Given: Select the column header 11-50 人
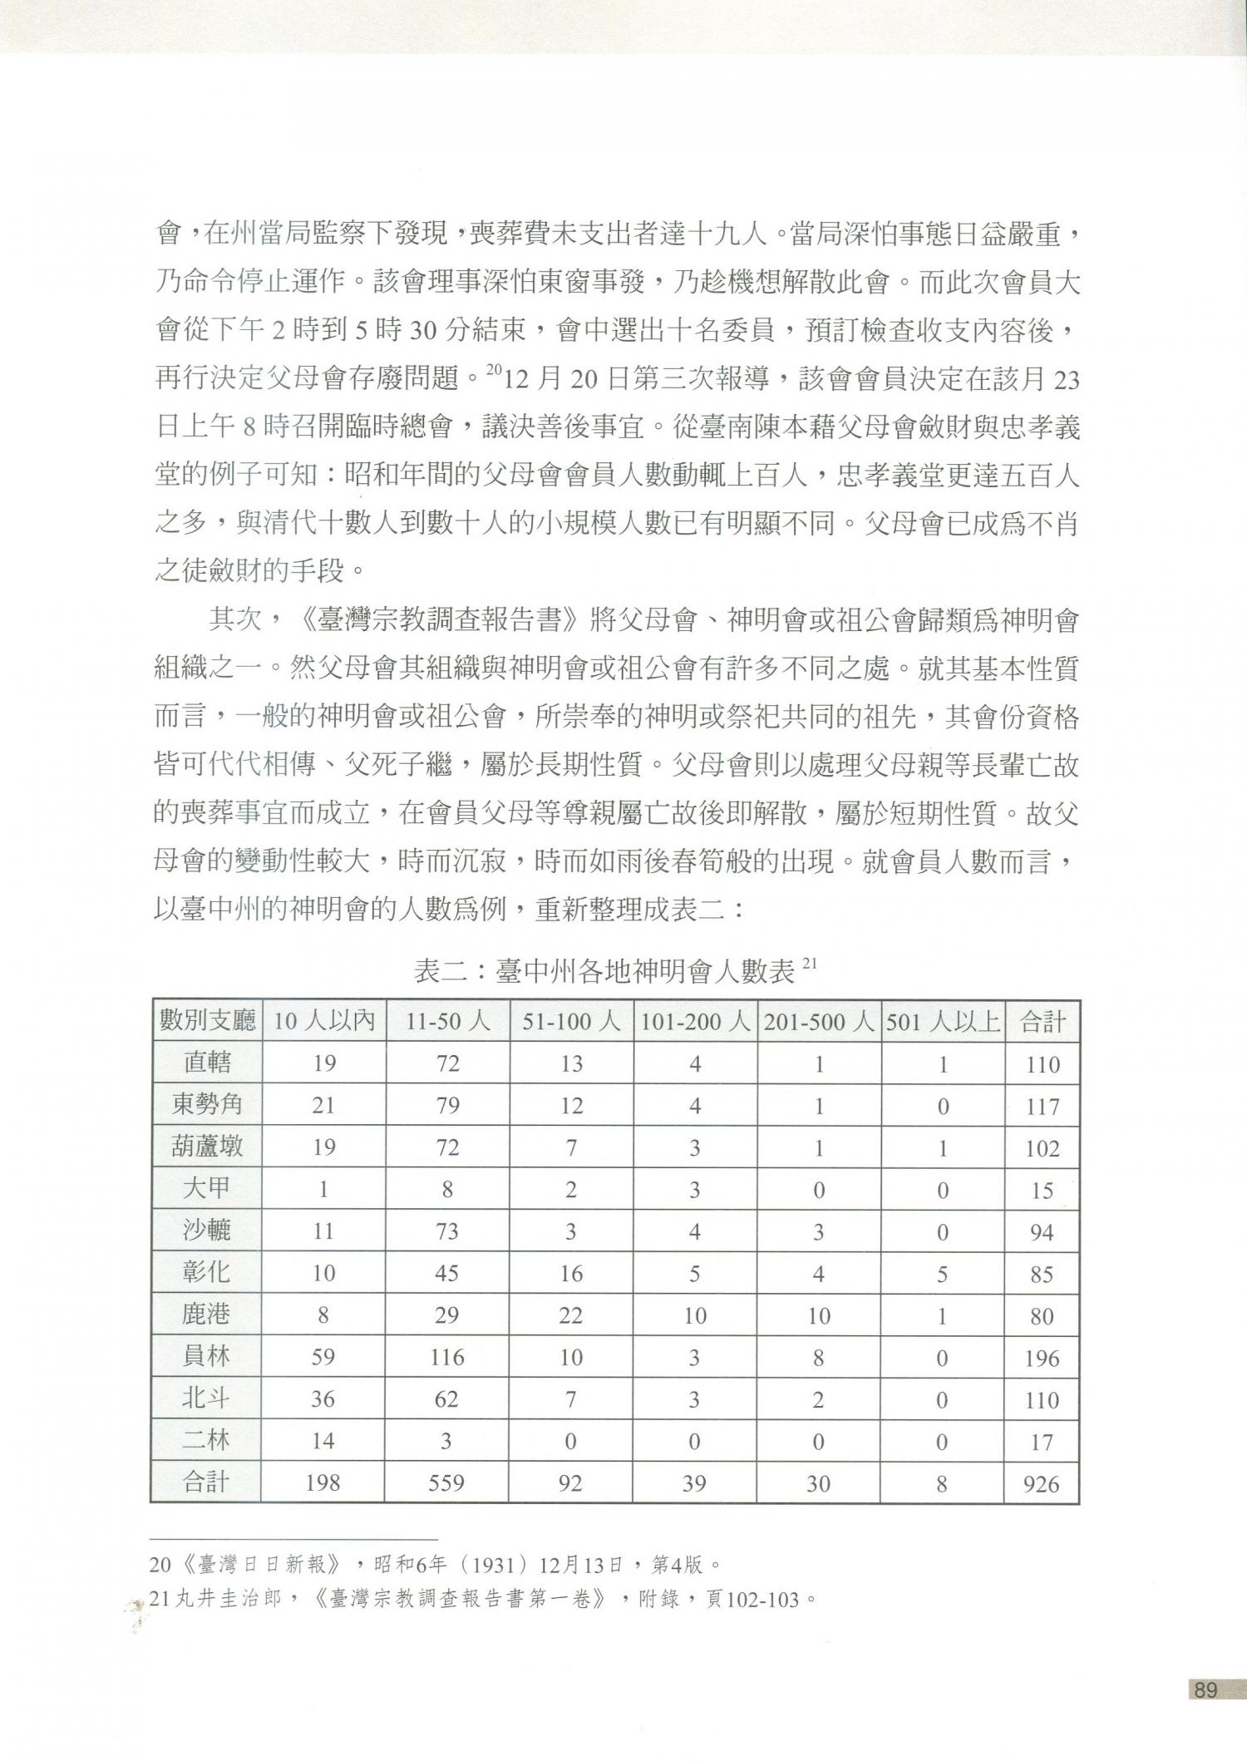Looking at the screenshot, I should point(447,1021).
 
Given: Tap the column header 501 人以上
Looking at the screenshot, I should point(942,1021).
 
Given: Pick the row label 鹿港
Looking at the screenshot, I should point(206,1315).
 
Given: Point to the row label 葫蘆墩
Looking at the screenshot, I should point(206,1147).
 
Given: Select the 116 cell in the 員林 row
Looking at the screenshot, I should point(447,1357).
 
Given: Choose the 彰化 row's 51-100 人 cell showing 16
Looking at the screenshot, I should point(571,1273).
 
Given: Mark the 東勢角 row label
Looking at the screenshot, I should point(206,1105).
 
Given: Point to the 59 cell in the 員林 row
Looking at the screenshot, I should point(323,1357).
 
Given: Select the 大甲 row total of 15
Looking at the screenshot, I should point(1042,1190).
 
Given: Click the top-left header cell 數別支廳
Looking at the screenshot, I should point(206,1021).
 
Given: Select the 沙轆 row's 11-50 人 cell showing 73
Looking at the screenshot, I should point(447,1231).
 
